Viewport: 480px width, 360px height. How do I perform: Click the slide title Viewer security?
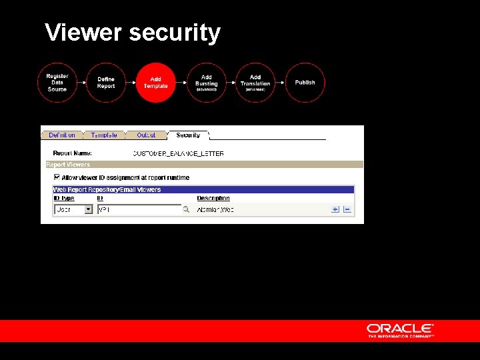pos(132,32)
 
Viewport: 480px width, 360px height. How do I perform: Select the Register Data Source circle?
pos(57,83)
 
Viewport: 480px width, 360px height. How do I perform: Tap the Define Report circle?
pos(106,83)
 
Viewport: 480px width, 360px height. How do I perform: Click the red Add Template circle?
pos(155,83)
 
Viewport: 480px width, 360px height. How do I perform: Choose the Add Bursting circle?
pos(207,83)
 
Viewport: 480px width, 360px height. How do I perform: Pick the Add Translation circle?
pos(255,83)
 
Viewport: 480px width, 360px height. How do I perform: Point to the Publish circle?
pos(305,83)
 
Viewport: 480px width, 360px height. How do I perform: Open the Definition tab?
pos(62,135)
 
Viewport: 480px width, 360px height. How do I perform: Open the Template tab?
pos(104,135)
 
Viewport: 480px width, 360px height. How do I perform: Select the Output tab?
pos(146,135)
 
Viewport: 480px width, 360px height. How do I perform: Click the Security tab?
pos(188,135)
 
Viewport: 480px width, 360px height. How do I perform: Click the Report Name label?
pos(72,153)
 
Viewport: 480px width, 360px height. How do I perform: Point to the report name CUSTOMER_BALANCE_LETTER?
pos(178,153)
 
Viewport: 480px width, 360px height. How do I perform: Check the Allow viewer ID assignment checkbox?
pos(57,177)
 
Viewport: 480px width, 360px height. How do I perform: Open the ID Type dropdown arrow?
pos(88,209)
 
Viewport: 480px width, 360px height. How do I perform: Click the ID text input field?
pos(139,209)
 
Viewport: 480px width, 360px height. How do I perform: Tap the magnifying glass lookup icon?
pos(187,209)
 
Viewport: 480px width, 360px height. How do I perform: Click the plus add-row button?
pos(335,209)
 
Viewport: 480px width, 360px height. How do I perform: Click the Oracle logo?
pos(400,330)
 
